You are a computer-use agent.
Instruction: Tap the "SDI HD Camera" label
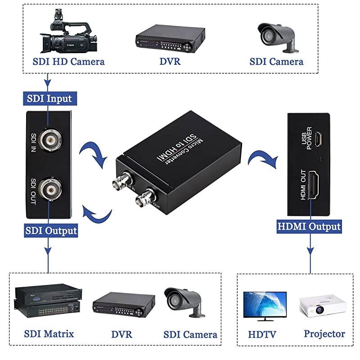pos(68,62)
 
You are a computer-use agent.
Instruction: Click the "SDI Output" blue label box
pos(51,231)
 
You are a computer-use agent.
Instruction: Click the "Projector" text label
pos(324,334)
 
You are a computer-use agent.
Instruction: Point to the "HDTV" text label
pos(262,335)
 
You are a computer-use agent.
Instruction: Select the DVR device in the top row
pos(170,36)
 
